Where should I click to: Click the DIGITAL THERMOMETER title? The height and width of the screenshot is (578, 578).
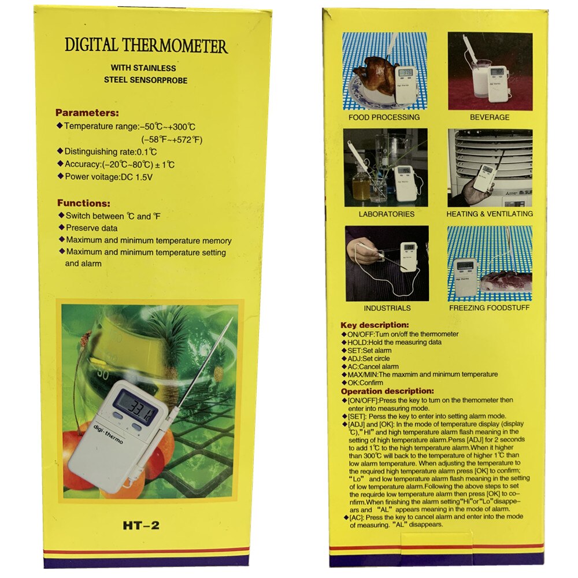(146, 46)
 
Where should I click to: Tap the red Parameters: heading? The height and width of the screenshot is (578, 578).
(87, 113)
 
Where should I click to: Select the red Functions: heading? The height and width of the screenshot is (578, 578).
(83, 203)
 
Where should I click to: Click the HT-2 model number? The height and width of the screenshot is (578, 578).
(140, 525)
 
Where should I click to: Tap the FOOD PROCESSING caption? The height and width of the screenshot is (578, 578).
(384, 117)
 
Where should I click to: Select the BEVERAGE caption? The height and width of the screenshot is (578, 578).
(490, 117)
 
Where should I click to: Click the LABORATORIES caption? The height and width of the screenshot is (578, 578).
(386, 214)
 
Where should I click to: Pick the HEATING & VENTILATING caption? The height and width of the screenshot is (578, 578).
(490, 214)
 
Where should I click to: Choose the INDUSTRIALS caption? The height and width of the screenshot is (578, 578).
(387, 308)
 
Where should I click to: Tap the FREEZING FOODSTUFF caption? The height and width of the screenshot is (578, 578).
(489, 308)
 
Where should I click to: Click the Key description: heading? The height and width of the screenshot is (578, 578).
(375, 325)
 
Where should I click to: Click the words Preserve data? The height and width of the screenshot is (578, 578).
(91, 228)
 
